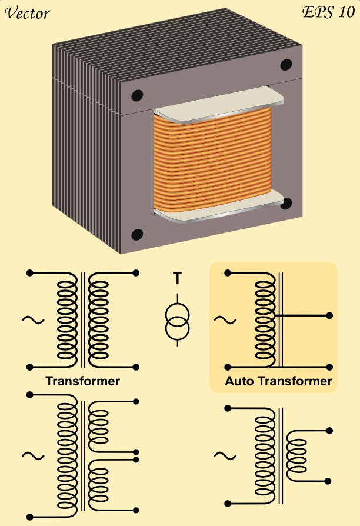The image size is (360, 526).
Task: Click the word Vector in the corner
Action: pos(27,14)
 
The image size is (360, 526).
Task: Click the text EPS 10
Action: pos(328,12)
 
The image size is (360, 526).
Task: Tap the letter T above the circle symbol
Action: pos(177,278)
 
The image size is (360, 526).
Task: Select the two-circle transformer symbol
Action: pos(177,320)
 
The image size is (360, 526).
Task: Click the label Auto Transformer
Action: pos(278,381)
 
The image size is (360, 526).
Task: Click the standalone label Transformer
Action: pos(82,381)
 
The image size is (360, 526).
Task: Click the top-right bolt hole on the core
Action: pos(286,64)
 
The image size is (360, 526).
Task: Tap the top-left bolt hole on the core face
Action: pos(137,95)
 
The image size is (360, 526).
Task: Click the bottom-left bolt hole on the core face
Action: pos(137,235)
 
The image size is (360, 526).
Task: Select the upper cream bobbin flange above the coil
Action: pos(219,105)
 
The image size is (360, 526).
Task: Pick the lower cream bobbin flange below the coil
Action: pos(219,207)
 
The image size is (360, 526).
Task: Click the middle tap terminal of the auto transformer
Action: pos(329,315)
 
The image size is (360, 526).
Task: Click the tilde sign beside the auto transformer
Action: pos(225,321)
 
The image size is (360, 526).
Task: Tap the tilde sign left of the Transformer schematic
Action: pos(33,320)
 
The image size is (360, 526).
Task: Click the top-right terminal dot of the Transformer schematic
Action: pos(136,273)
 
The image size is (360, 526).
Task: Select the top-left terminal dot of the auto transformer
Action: pos(228,273)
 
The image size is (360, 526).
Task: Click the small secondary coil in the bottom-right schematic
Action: pos(296,456)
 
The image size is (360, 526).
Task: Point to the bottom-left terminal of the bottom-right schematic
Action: pos(228,504)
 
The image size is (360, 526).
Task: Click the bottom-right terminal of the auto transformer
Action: pos(329,367)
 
